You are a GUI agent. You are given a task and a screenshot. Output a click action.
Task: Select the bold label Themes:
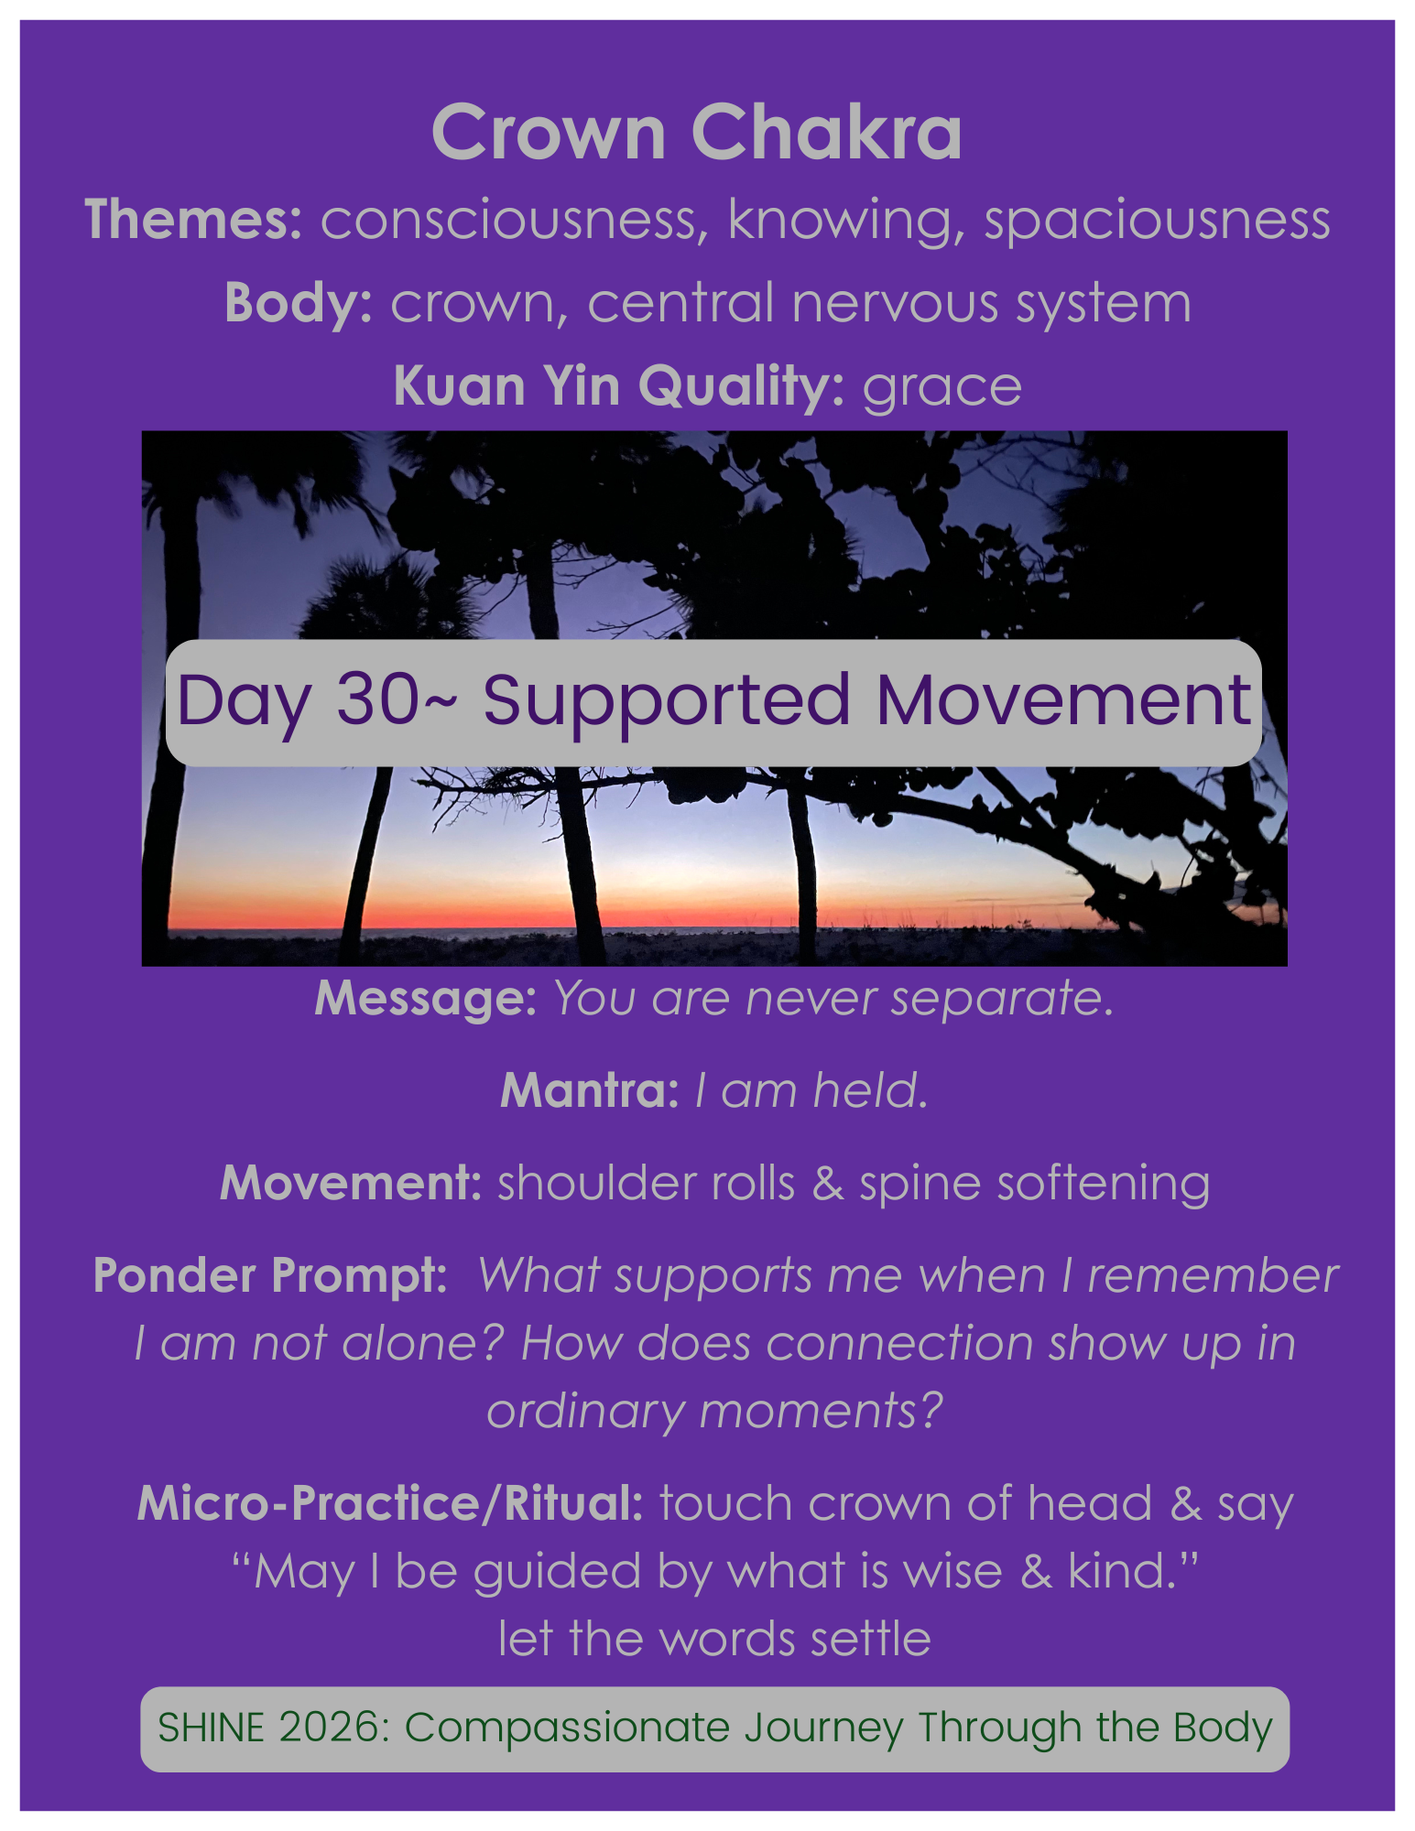(193, 220)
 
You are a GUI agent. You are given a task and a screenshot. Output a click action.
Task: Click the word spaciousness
(1157, 220)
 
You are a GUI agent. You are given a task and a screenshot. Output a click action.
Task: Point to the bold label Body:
(298, 303)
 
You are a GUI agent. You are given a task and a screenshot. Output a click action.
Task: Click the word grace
(942, 386)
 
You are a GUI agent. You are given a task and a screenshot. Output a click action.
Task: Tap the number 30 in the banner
(377, 700)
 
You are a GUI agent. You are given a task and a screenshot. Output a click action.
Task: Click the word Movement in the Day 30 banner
(1063, 700)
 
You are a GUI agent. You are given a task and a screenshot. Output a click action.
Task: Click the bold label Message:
(425, 998)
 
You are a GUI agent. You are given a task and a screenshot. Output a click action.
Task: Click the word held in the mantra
(870, 1090)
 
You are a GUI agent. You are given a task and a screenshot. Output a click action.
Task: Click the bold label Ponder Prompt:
(270, 1275)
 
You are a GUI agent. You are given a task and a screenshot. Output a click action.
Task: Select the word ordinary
(585, 1412)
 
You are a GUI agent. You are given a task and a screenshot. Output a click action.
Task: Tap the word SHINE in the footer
(212, 1728)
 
